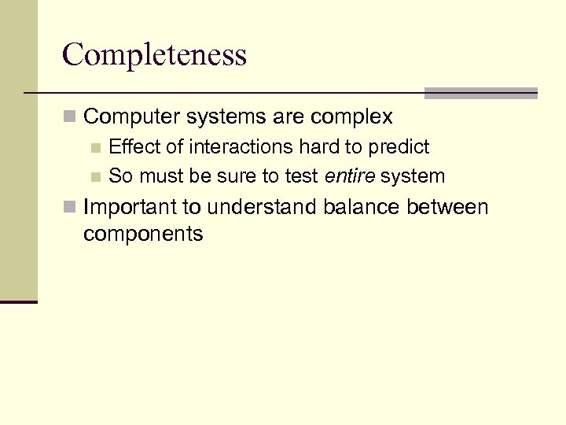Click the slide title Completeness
click(154, 54)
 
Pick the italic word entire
click(349, 176)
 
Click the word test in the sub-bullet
click(302, 176)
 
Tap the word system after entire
click(413, 176)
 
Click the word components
click(143, 235)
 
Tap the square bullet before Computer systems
click(71, 118)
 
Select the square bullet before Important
click(71, 208)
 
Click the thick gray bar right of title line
click(480, 93)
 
